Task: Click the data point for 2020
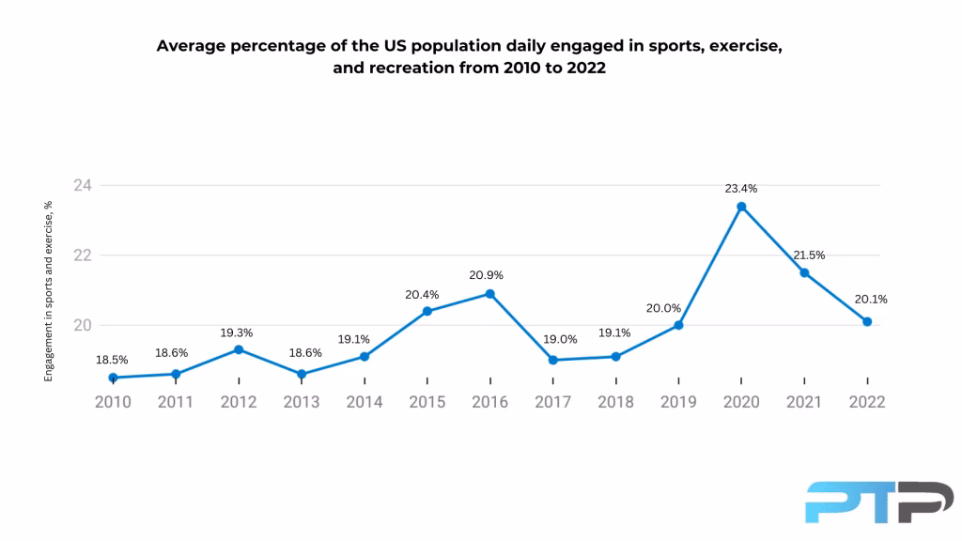click(x=741, y=207)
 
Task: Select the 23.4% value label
click(x=741, y=189)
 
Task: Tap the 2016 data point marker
click(x=489, y=294)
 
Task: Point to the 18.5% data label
click(x=113, y=360)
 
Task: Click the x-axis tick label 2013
click(x=301, y=402)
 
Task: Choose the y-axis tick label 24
click(x=83, y=185)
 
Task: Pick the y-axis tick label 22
click(x=83, y=255)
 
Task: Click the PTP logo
click(x=878, y=502)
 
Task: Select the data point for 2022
click(x=867, y=321)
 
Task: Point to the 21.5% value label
click(x=804, y=255)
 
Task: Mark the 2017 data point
click(x=552, y=361)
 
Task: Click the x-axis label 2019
click(x=678, y=402)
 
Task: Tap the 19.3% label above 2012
click(x=239, y=332)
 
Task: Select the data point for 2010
click(x=113, y=378)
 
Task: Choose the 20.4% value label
click(x=427, y=293)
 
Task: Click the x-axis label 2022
click(x=867, y=402)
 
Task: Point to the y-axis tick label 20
click(x=83, y=326)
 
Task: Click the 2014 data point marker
click(x=364, y=357)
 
